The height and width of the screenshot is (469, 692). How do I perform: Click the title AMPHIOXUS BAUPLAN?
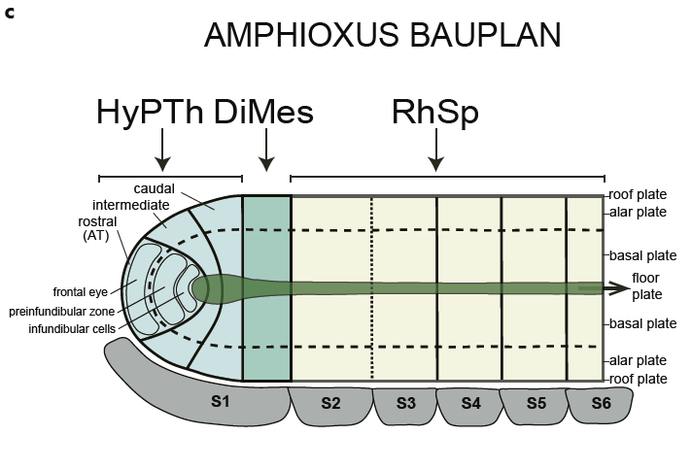(x=382, y=35)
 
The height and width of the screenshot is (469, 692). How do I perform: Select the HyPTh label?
(x=150, y=113)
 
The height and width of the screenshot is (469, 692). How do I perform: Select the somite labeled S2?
(x=329, y=404)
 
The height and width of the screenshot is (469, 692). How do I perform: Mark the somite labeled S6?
(x=601, y=404)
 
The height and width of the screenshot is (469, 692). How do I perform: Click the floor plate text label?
(x=649, y=285)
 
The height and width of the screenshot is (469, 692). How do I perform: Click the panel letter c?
(x=10, y=13)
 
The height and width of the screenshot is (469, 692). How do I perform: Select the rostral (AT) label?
(x=100, y=227)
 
